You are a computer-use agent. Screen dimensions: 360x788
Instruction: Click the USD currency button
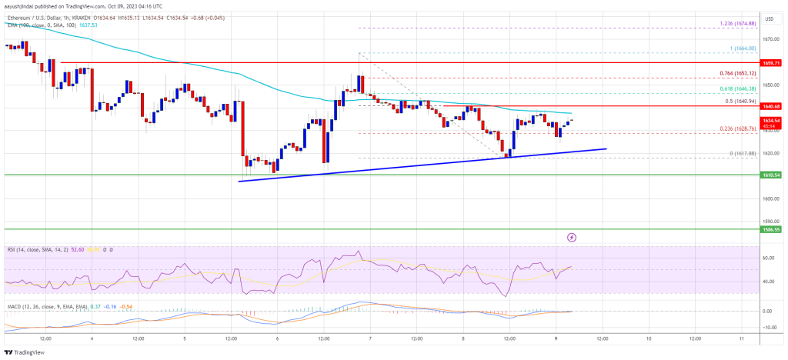pos(768,17)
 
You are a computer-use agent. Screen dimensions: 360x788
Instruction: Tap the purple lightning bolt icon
pos(571,238)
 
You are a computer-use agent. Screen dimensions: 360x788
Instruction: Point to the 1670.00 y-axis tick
pos(768,39)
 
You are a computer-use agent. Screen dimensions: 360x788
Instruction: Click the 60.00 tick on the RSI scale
pos(768,258)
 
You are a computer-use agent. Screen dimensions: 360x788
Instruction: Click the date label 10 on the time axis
pos(648,338)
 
